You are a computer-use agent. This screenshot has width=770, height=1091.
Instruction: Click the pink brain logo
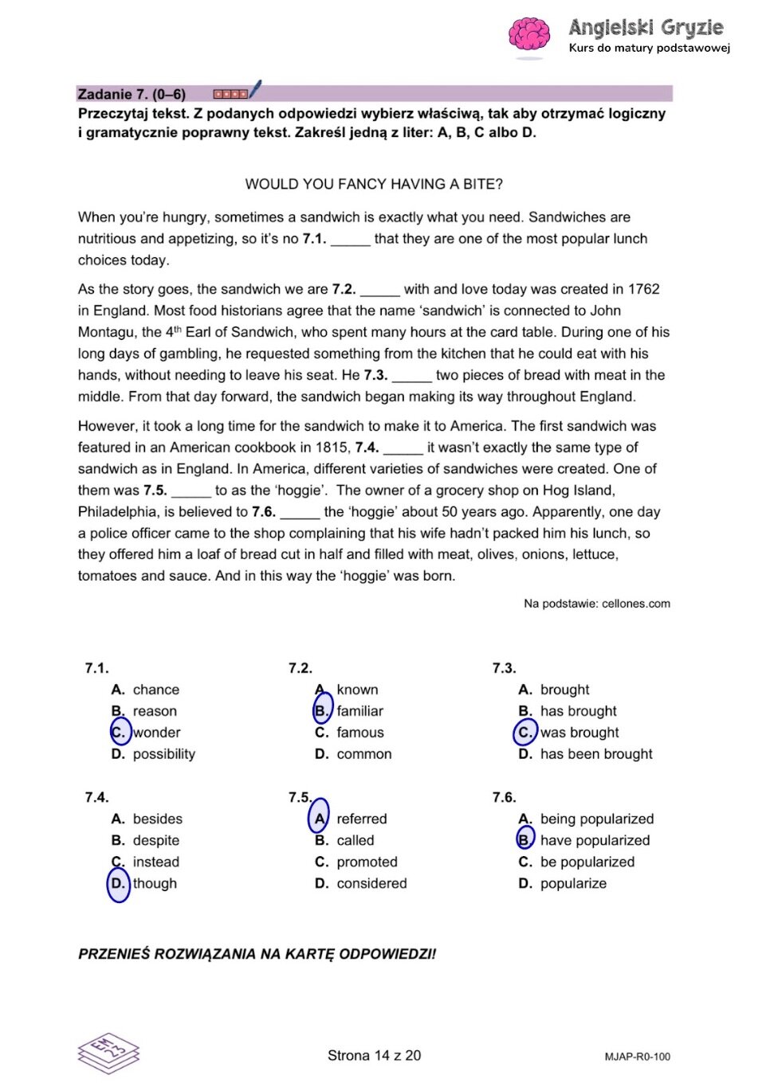point(528,36)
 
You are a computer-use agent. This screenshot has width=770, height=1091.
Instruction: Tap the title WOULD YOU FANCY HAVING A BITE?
point(374,184)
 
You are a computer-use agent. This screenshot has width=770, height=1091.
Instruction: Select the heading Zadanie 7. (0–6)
point(132,94)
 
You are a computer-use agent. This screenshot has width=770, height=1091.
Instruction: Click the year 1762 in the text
point(643,289)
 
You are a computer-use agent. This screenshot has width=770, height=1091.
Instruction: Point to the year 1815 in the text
point(332,448)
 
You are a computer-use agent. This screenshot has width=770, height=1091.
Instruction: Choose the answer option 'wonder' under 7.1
point(156,733)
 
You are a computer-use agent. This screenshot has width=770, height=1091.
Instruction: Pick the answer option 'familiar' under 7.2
point(359,711)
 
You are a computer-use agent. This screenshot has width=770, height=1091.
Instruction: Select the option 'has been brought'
point(596,754)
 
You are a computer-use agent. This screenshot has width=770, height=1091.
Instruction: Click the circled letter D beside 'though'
point(118,883)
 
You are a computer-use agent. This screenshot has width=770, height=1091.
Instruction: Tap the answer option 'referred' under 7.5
point(361,819)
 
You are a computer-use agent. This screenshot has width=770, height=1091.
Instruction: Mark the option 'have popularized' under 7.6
point(595,840)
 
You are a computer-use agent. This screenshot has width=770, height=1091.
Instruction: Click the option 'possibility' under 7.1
point(163,754)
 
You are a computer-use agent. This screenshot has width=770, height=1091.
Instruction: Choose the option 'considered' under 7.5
point(371,883)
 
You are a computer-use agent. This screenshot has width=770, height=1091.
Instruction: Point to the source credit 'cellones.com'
point(635,604)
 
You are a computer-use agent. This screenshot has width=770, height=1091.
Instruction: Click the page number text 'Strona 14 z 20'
point(374,1055)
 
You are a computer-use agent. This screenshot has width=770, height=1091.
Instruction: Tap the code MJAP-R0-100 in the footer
point(637,1057)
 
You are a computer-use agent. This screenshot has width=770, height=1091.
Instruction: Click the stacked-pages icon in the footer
point(108,1052)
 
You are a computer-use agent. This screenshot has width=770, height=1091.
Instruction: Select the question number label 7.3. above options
point(504,668)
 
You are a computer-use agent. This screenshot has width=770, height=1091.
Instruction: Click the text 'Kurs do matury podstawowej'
point(649,48)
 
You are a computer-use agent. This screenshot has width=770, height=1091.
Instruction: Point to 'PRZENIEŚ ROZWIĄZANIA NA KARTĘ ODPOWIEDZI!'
point(257,954)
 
